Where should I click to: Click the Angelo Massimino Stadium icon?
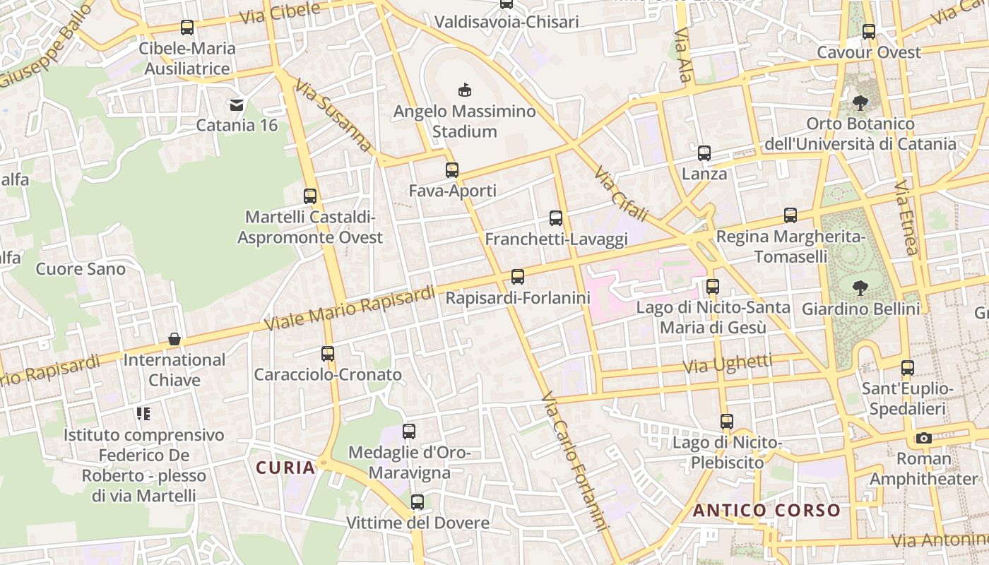tap(464, 90)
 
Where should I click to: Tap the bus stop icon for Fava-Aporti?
tap(452, 170)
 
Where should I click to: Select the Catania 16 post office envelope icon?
tap(236, 105)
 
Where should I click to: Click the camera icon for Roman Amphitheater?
tap(923, 438)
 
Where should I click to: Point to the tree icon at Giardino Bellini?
tap(860, 288)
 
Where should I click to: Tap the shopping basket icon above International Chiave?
tap(174, 340)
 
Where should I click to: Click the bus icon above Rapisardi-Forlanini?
tap(518, 277)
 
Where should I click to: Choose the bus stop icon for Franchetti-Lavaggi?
tap(556, 218)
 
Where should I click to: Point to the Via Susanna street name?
tap(333, 115)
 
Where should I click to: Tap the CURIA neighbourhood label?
tap(285, 468)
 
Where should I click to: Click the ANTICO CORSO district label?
tap(766, 511)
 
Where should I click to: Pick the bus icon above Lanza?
tap(704, 153)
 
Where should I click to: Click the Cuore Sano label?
tap(81, 269)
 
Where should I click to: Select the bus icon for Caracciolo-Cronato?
tap(328, 354)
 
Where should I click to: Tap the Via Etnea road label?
tap(906, 218)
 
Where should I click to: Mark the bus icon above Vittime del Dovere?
tap(417, 502)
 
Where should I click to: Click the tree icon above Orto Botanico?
tap(860, 103)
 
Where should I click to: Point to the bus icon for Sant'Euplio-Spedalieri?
tap(908, 368)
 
